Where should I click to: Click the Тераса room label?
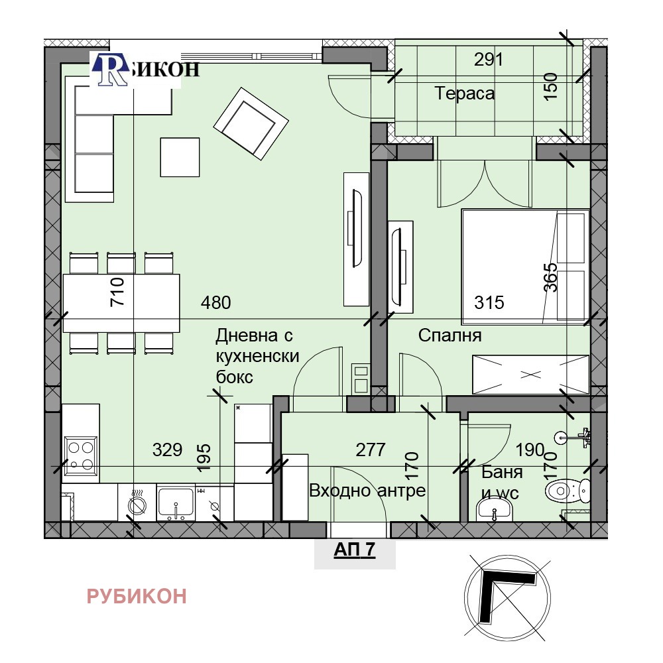pyautogui.click(x=464, y=93)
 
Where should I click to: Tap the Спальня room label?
pyautogui.click(x=450, y=335)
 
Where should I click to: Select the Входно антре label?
pyautogui.click(x=367, y=491)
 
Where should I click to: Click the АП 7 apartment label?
pyautogui.click(x=354, y=549)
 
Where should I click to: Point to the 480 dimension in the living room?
pyautogui.click(x=215, y=303)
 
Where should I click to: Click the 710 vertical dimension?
pyautogui.click(x=117, y=291)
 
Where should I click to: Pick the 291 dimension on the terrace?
pyautogui.click(x=489, y=60)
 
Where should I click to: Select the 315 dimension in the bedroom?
pyautogui.click(x=489, y=303)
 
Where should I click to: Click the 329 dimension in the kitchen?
pyautogui.click(x=168, y=450)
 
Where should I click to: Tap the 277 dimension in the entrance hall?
pyautogui.click(x=371, y=450)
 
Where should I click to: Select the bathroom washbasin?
pyautogui.click(x=494, y=510)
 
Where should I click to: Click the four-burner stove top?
pyautogui.click(x=81, y=455)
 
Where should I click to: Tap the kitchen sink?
pyautogui.click(x=176, y=503)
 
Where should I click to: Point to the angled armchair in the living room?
pyautogui.click(x=251, y=123)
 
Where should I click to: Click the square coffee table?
pyautogui.click(x=180, y=157)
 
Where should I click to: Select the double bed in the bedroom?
pyautogui.click(x=526, y=267)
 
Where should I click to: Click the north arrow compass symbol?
pyautogui.click(x=507, y=597)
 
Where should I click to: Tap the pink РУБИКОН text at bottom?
pyautogui.click(x=137, y=596)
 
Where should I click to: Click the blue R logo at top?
pyautogui.click(x=111, y=70)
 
